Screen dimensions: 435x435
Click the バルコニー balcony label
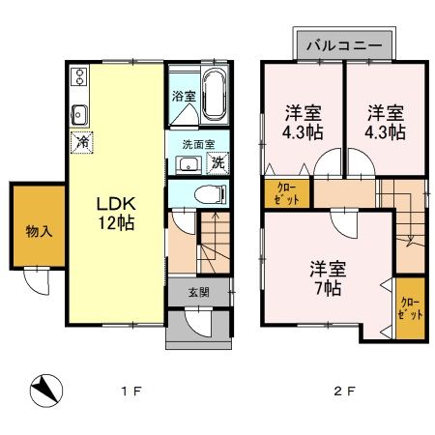(x=344, y=45)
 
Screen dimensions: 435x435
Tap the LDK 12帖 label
(x=114, y=212)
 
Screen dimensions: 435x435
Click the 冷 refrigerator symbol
(x=79, y=140)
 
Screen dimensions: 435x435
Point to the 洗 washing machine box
(x=219, y=161)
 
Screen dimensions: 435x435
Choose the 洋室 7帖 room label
(x=329, y=276)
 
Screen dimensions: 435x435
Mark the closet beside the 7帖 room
(x=410, y=308)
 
